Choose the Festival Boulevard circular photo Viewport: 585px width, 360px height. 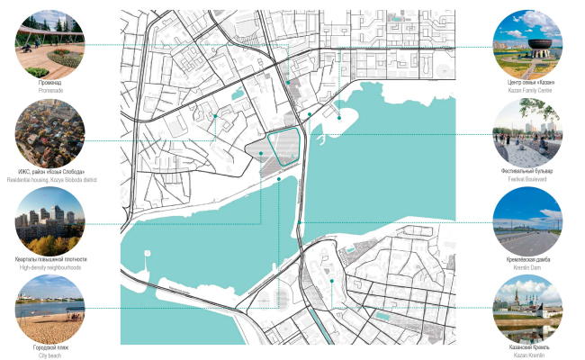[527, 132]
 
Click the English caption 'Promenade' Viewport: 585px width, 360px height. [50, 91]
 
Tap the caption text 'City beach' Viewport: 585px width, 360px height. [50, 355]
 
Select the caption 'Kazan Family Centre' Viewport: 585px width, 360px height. [527, 91]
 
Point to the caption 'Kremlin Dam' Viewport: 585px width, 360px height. [527, 267]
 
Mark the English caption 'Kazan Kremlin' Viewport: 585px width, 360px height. [527, 355]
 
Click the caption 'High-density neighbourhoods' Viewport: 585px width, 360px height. [50, 267]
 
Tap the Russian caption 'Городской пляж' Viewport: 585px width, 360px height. [50, 347]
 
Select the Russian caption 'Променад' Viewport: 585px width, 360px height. [50, 83]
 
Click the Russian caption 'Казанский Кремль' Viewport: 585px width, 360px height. [527, 347]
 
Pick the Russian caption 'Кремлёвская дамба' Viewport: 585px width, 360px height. [527, 259]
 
